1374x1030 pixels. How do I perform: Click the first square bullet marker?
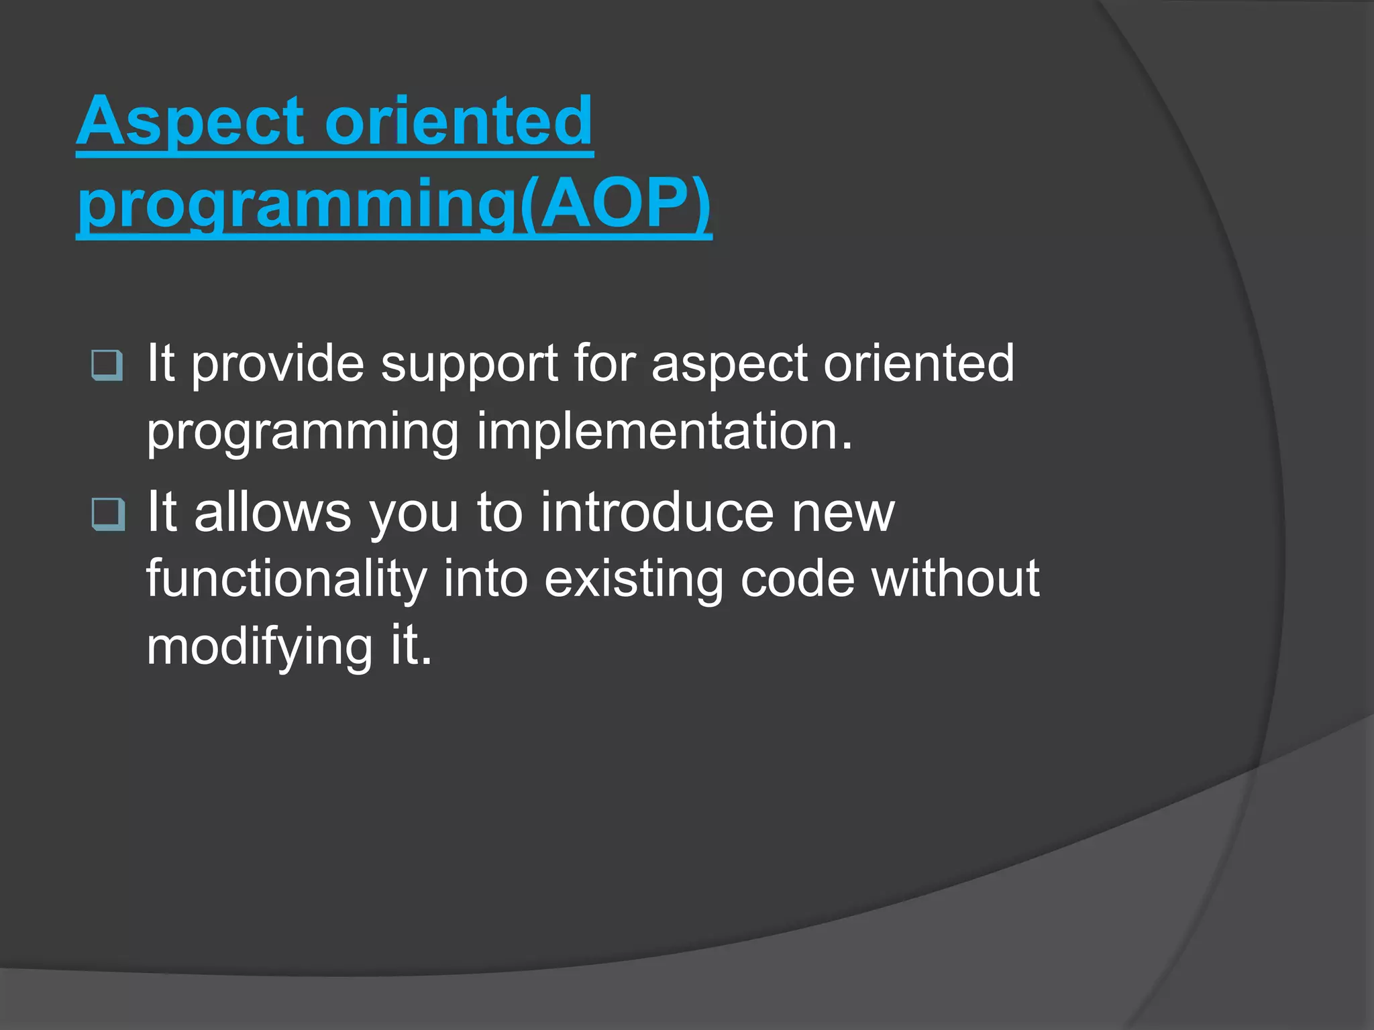pyautogui.click(x=107, y=365)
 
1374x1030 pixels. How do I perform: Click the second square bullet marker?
pyautogui.click(x=107, y=514)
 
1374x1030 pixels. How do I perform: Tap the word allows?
pyautogui.click(x=272, y=513)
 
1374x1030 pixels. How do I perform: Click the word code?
pyautogui.click(x=797, y=579)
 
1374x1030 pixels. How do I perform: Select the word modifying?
pyautogui.click(x=259, y=647)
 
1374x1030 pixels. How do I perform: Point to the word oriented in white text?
pyautogui.click(x=918, y=364)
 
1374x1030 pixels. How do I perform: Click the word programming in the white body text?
pyautogui.click(x=303, y=433)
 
